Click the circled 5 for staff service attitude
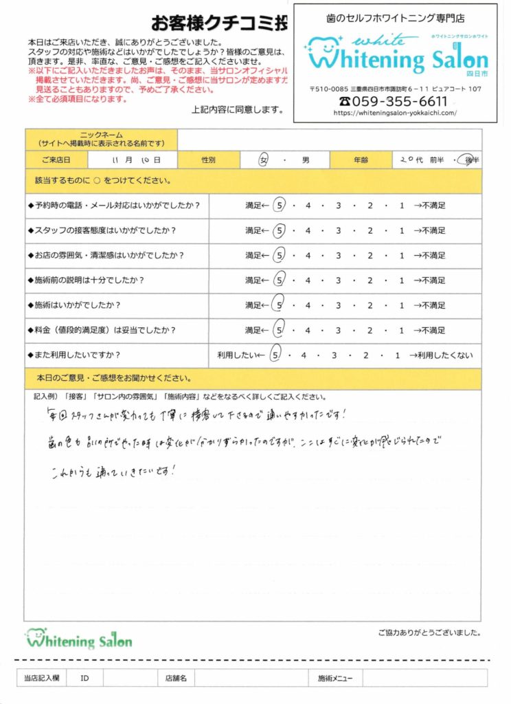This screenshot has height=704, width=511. (279, 230)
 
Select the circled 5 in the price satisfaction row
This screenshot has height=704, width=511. (279, 331)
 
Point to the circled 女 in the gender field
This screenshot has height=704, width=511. (264, 160)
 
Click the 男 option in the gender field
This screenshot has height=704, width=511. (305, 160)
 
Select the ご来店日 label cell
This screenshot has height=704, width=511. (56, 160)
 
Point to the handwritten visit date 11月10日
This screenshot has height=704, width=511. (135, 160)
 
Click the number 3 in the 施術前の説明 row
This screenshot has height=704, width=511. (339, 280)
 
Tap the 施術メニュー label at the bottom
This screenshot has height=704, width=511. (335, 679)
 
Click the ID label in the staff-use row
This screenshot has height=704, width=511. (84, 679)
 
